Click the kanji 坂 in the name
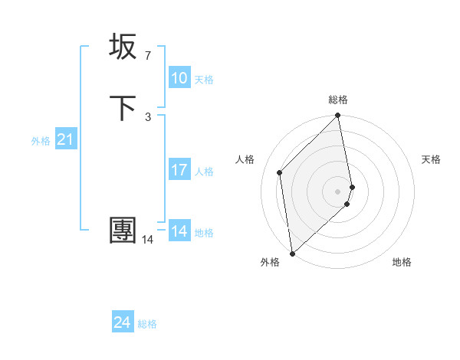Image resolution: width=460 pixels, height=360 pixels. coord(123,47)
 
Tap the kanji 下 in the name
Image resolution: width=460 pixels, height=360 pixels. coord(123,109)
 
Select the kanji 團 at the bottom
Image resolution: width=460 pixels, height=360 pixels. coord(123,230)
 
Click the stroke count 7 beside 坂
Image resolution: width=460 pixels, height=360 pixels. coord(147,56)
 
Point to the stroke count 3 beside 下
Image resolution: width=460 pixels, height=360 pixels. coord(147,117)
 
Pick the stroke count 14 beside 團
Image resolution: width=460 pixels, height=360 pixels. coord(147,240)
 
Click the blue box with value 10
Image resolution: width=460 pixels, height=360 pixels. coord(179,78)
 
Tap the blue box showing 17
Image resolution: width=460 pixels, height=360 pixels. coord(179,170)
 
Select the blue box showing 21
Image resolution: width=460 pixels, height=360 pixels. coord(66,139)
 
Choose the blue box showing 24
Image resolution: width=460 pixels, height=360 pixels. coord(123,322)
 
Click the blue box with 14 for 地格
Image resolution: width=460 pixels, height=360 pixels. coord(179,231)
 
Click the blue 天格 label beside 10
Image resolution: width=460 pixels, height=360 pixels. coord(204,80)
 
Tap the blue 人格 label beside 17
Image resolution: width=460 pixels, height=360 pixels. coord(204,172)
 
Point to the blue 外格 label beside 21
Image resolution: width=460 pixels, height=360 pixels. coord(41,141)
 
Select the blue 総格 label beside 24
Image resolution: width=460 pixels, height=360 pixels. coord(147,324)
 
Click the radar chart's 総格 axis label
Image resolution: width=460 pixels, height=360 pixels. coord(338,100)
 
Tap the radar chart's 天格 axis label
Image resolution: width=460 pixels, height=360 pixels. coord(431,159)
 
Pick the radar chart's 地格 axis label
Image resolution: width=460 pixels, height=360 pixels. coord(402,262)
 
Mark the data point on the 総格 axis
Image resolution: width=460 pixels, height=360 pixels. coord(338,116)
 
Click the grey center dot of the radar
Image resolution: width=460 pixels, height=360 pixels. coord(338,191)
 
